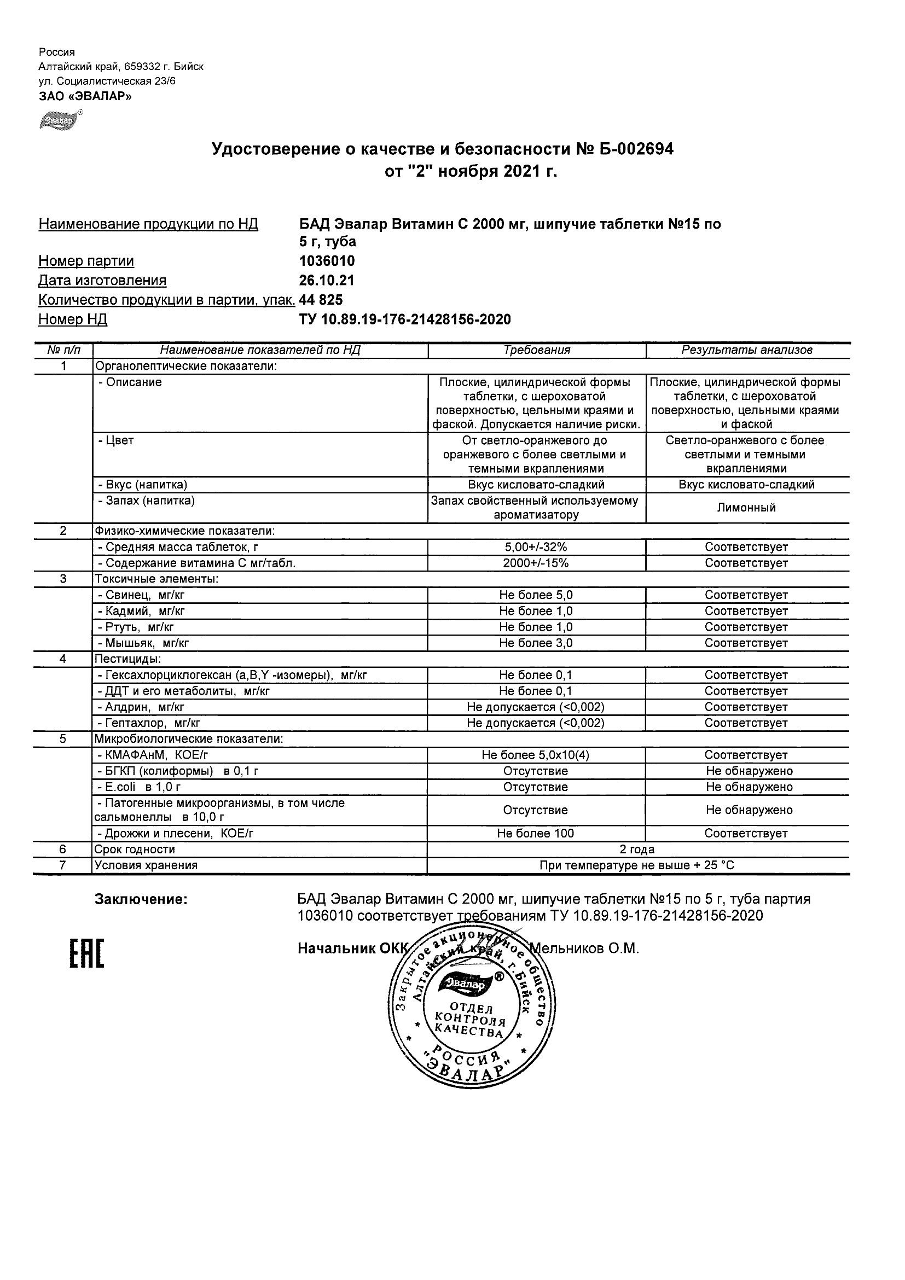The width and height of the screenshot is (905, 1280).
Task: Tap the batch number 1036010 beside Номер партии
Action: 327,261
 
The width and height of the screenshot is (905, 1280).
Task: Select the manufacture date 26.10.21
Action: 327,281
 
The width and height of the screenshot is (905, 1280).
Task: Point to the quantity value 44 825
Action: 321,300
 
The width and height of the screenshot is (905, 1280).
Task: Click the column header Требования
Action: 536,350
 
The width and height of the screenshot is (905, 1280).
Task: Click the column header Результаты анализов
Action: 747,350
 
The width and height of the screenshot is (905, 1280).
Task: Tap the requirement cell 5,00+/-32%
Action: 536,547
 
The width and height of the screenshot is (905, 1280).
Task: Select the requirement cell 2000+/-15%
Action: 536,563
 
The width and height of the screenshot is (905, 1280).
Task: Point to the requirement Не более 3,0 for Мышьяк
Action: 536,643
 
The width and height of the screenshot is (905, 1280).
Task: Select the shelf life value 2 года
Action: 637,849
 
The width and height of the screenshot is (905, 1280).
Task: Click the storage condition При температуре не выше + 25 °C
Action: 637,865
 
